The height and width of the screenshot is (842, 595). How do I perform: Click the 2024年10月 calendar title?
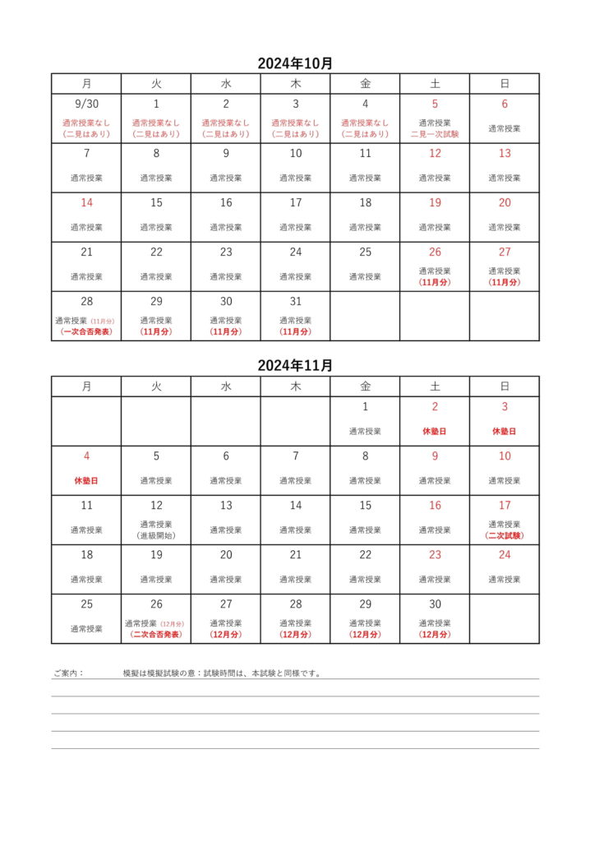(x=295, y=63)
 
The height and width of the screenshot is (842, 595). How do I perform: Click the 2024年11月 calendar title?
(x=295, y=366)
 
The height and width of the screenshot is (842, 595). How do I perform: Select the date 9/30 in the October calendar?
(x=86, y=104)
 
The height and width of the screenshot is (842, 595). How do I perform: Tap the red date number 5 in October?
(x=435, y=104)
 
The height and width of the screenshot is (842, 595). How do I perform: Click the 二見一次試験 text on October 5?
(x=435, y=134)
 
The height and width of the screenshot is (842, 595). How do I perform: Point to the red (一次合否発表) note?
(x=86, y=331)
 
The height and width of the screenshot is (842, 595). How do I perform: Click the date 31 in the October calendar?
(x=296, y=302)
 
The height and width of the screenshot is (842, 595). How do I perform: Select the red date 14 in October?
(x=86, y=203)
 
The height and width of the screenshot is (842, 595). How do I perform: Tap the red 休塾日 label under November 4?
(x=86, y=480)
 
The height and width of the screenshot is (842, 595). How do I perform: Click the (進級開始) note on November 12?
(x=156, y=535)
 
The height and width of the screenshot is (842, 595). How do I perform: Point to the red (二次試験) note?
(x=505, y=535)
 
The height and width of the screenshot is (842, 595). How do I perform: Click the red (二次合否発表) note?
(x=156, y=634)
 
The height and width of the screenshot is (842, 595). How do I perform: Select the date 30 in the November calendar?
(x=435, y=604)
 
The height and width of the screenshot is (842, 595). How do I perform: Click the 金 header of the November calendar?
(x=365, y=386)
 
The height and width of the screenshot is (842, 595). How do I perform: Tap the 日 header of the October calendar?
(x=505, y=84)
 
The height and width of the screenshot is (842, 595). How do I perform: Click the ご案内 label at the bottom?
(x=68, y=673)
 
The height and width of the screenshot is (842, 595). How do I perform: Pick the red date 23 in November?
(x=435, y=555)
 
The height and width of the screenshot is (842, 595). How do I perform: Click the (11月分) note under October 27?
(x=505, y=282)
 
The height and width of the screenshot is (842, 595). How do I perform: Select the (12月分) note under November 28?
(x=296, y=634)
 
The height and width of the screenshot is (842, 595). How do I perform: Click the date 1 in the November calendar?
(x=365, y=407)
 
